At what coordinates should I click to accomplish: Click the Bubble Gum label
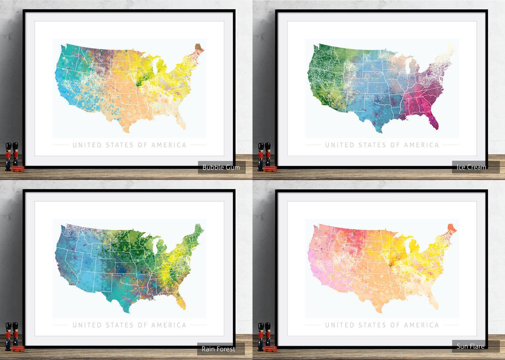pos(221,167)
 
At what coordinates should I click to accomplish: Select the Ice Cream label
pos(471,167)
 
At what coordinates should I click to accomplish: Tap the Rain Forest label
pos(218,349)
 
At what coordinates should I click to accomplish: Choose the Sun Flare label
pos(470,346)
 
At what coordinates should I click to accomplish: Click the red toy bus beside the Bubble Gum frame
pos(18,169)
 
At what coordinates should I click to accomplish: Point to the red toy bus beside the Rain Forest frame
pos(18,349)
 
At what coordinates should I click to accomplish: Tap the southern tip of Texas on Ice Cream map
pos(380,132)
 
